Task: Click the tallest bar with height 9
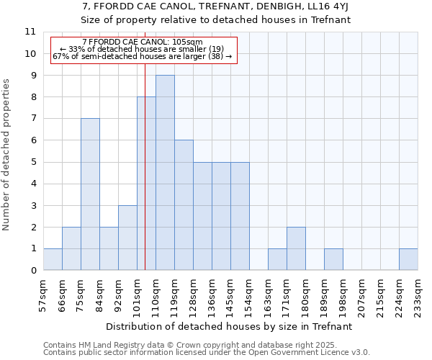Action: (165, 173)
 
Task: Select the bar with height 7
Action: (90, 194)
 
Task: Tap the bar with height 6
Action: (184, 205)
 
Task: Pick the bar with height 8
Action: (146, 184)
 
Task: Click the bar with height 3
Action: (127, 238)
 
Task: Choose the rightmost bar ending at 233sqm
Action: (408, 259)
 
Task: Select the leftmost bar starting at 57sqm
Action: (53, 259)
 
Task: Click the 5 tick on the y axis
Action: (32, 162)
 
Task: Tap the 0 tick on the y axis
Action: (32, 270)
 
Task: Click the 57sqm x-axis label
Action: (44, 294)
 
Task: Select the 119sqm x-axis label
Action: (175, 294)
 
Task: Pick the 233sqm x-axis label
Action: (418, 294)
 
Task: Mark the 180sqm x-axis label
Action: (306, 294)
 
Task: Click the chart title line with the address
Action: (215, 7)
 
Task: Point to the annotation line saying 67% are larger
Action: (143, 56)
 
